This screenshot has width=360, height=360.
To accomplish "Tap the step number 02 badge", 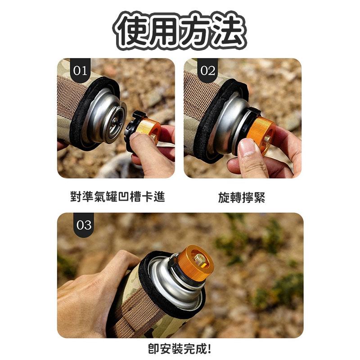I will click(x=207, y=70).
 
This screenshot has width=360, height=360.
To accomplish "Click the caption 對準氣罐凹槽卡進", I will click(x=117, y=197).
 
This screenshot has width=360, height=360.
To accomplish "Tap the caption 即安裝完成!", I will click(x=180, y=348).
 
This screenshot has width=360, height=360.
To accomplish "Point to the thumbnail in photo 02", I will click(x=247, y=148).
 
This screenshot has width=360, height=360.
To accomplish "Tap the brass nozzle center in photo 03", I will click(x=199, y=259).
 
